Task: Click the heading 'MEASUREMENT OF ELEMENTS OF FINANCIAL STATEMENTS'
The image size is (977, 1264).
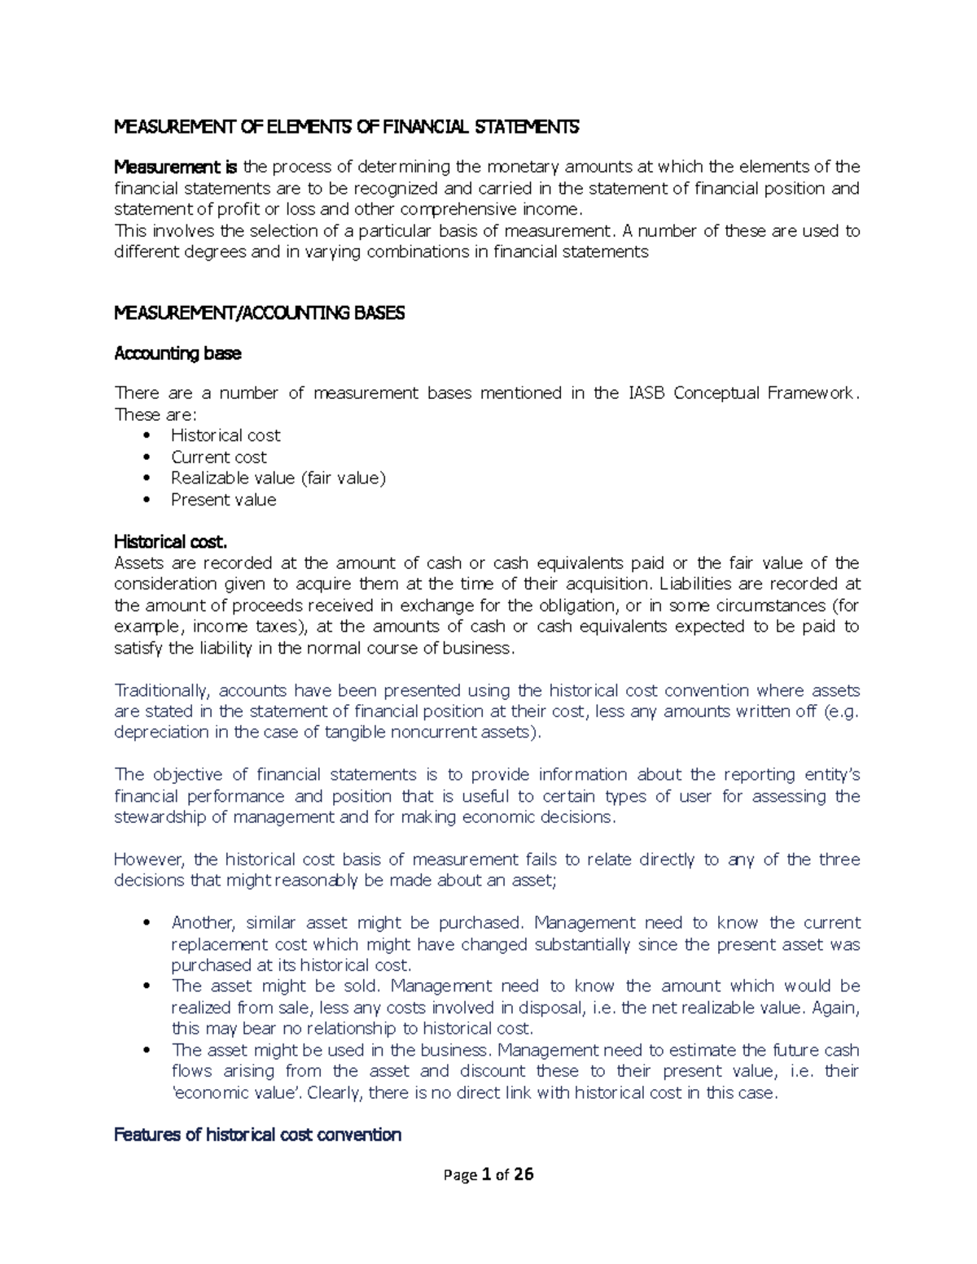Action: (346, 126)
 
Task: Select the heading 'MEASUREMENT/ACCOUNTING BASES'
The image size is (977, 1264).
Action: (259, 313)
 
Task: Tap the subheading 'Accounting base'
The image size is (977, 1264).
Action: (177, 353)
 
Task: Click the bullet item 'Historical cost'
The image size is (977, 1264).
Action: (226, 435)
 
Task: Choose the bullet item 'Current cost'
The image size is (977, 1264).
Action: (218, 457)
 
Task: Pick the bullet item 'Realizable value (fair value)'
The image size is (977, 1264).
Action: (278, 478)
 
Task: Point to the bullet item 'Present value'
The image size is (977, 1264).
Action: (223, 500)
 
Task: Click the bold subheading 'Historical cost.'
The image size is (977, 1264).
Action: (170, 541)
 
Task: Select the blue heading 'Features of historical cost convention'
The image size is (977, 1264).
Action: (257, 1135)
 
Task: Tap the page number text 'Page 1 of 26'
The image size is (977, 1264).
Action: (488, 1174)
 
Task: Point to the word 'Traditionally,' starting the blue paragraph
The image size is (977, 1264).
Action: (162, 691)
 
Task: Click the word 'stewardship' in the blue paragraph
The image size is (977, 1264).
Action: (160, 817)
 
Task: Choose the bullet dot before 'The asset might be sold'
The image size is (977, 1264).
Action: (147, 986)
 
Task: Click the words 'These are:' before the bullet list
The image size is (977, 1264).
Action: (150, 414)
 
